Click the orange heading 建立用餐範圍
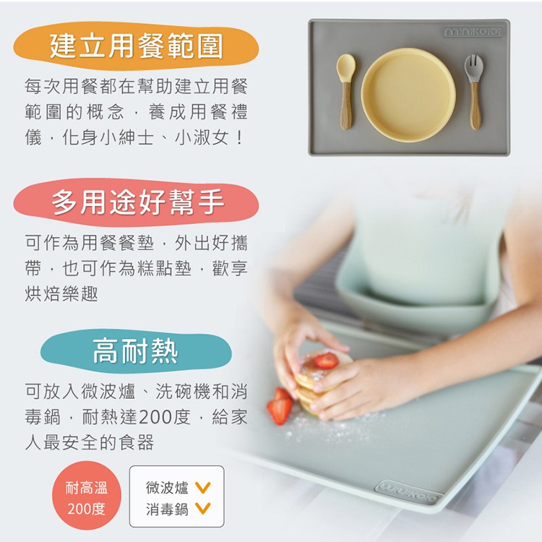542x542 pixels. coord(136,46)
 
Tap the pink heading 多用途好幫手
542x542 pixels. coord(137,202)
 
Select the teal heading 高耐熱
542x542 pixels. coord(135,351)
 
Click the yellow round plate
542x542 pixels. coord(408,95)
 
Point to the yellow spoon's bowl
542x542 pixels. coord(345,67)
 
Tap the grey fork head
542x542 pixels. coord(473,69)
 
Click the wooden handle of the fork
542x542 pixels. coord(475,106)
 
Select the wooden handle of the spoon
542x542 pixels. coord(346,106)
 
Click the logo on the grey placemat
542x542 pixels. coord(473,32)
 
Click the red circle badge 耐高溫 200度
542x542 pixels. coord(87,497)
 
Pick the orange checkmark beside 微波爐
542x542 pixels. coord(202,487)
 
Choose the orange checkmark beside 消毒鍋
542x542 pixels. coord(202,509)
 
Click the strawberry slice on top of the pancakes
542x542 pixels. coord(326,360)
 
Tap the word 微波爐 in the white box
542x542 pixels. coord(167,488)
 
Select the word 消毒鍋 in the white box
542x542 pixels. coord(167,509)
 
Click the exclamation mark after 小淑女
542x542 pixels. coord(239,137)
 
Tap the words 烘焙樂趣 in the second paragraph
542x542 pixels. coord(61,294)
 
